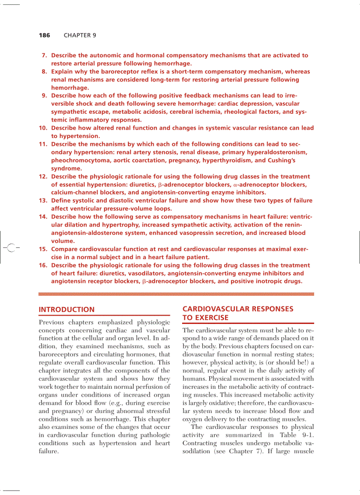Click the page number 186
[45, 35]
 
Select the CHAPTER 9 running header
[80, 35]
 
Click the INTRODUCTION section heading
[67, 309]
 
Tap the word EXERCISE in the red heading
[206, 318]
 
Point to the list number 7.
[44, 56]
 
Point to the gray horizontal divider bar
[176, 294]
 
